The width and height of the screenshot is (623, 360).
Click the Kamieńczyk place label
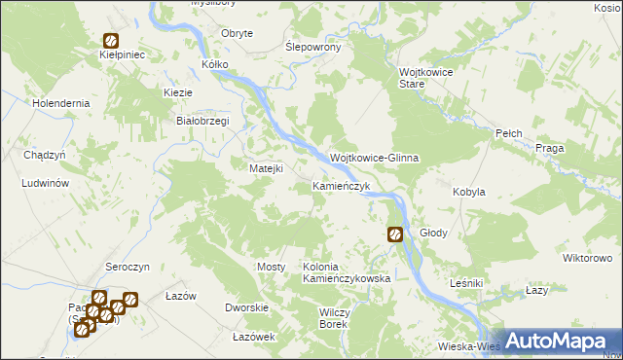coord(341,185)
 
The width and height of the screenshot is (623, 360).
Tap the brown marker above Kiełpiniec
coord(111,41)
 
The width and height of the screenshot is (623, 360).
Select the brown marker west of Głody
coord(395,234)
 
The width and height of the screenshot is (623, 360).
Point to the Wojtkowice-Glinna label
coord(374,158)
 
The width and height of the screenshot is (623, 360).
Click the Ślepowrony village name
coord(311,47)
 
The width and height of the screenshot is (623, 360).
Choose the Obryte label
coord(238,33)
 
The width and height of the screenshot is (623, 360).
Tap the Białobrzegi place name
coord(201,121)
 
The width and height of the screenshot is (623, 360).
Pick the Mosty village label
coord(271,267)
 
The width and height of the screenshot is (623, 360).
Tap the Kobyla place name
coord(469,193)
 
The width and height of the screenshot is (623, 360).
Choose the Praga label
coord(551,148)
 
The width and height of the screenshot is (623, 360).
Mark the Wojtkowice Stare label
coord(426,78)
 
